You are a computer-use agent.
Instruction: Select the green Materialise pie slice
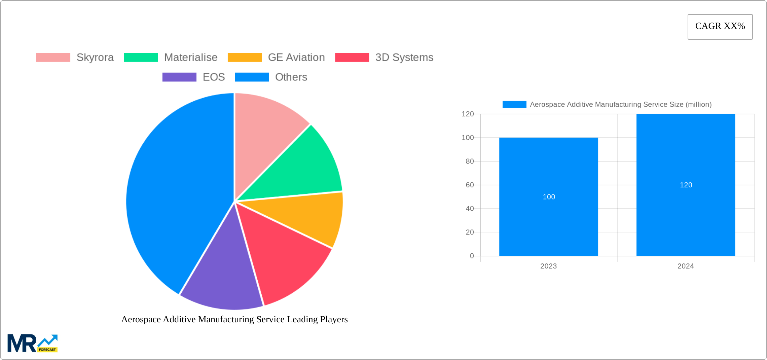(303, 168)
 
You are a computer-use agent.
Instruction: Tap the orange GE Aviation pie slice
(309, 215)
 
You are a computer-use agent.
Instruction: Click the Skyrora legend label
(95, 58)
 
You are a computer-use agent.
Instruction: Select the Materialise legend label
(191, 58)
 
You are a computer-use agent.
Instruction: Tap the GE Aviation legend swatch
(245, 58)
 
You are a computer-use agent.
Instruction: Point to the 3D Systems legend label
(404, 58)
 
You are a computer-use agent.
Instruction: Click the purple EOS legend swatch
(179, 77)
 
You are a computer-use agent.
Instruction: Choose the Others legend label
(291, 77)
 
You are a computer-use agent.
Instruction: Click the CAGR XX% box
(720, 27)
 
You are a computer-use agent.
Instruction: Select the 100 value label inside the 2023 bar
(549, 197)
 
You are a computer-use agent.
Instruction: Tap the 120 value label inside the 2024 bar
(686, 185)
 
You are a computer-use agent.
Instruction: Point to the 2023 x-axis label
(548, 266)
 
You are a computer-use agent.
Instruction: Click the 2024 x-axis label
(686, 266)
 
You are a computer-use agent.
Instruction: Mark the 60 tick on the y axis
(470, 185)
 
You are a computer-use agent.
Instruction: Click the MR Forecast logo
(32, 343)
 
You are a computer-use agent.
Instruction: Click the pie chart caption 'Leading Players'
(234, 319)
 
